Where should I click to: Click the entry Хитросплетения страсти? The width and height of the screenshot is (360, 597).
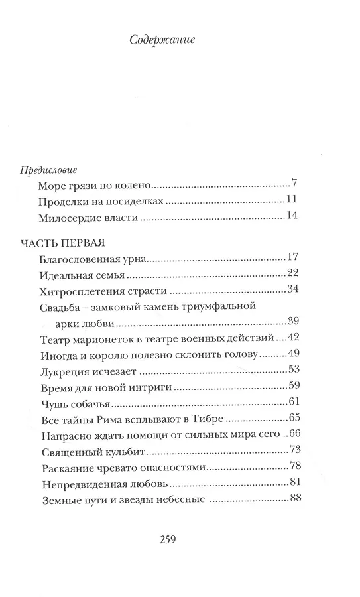[97, 290]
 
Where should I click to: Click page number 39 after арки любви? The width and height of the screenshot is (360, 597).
[294, 321]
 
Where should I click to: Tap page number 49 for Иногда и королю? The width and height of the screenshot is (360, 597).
[294, 354]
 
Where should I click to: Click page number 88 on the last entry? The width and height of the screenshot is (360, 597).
[294, 498]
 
